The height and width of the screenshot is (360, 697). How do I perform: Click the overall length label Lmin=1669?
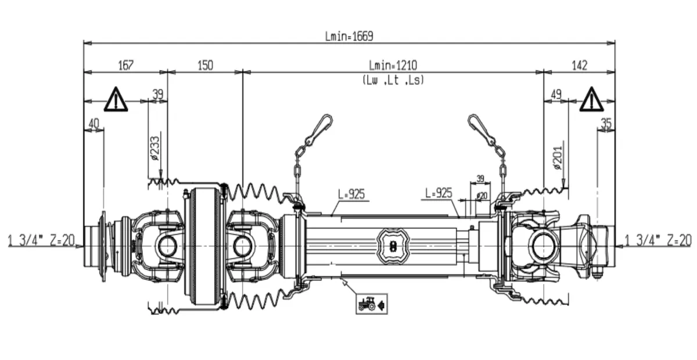click(348, 36)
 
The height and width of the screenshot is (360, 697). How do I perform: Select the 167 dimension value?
click(125, 65)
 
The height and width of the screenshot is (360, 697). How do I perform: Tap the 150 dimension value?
click(204, 65)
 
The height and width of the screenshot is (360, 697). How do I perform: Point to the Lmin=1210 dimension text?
click(393, 65)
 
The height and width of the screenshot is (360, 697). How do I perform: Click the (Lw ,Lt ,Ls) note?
click(393, 80)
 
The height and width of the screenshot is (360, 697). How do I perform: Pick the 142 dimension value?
click(579, 65)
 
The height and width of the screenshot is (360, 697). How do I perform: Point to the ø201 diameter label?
click(559, 156)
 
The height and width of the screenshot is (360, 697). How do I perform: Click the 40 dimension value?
click(94, 123)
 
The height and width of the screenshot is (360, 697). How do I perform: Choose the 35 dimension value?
click(606, 123)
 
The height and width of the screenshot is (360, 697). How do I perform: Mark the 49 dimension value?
click(556, 94)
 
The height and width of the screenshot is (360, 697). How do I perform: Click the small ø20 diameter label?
click(482, 196)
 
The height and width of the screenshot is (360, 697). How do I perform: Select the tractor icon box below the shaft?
click(372, 303)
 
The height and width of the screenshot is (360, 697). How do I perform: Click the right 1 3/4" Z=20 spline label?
click(658, 240)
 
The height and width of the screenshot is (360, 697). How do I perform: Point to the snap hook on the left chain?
click(319, 129)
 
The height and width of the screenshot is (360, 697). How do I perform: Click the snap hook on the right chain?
click(482, 129)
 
